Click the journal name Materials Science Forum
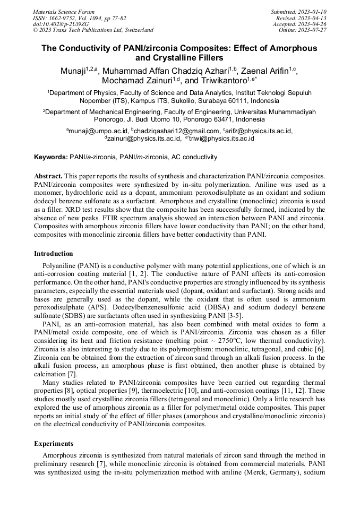pos(64,11)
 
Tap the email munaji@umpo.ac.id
pos(98,131)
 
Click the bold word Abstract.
pos(48,176)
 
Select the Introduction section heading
pos(54,254)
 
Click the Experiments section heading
pos(54,443)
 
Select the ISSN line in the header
pos(79,18)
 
